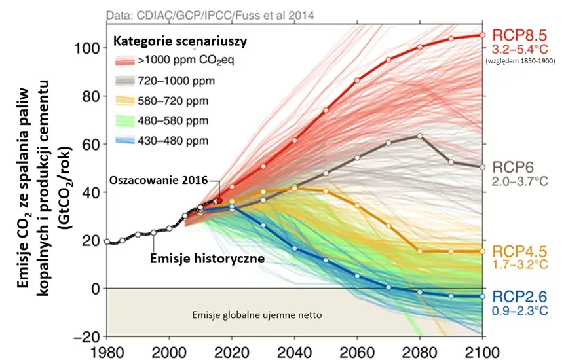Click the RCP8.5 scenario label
[x=519, y=35]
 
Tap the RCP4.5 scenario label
[x=519, y=251]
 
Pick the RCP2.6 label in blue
[x=519, y=297]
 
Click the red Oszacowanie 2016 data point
[x=219, y=200]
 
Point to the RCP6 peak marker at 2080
[x=420, y=136]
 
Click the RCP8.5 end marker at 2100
[x=483, y=35]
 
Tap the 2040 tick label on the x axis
[x=294, y=352]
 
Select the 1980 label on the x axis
[x=107, y=352]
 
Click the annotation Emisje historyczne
[x=207, y=259]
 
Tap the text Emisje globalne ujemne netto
[x=257, y=315]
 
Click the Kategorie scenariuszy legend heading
[x=180, y=41]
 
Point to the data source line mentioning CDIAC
[x=210, y=16]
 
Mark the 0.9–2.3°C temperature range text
[x=519, y=310]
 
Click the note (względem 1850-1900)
[x=520, y=61]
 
